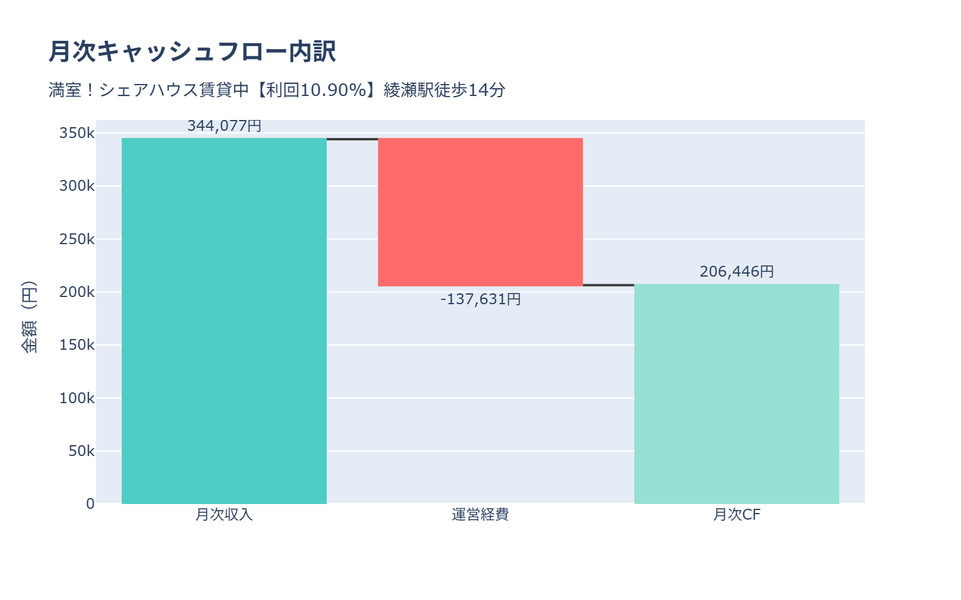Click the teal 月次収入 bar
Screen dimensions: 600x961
coord(224,321)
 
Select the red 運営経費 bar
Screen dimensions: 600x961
coord(480,212)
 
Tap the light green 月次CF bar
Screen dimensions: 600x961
coord(736,394)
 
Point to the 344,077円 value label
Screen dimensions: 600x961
coord(224,126)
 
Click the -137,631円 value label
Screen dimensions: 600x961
coord(480,299)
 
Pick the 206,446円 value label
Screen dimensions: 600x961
coord(736,272)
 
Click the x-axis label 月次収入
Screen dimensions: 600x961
coord(224,515)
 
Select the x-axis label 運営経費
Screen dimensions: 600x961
coord(480,515)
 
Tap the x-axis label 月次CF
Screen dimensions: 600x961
coord(736,515)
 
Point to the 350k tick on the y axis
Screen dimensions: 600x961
coord(77,133)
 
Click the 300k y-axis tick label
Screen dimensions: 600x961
coord(77,186)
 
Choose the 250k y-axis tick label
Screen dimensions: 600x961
coord(77,239)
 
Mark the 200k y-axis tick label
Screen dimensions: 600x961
coord(77,292)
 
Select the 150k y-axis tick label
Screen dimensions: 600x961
coord(77,345)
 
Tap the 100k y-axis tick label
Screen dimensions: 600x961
coord(77,398)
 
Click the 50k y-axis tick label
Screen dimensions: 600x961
coord(81,451)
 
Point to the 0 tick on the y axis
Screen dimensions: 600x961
coord(90,504)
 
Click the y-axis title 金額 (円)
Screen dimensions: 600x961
coord(29,317)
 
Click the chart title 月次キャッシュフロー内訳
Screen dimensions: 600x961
coord(192,52)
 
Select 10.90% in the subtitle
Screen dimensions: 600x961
coord(333,90)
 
